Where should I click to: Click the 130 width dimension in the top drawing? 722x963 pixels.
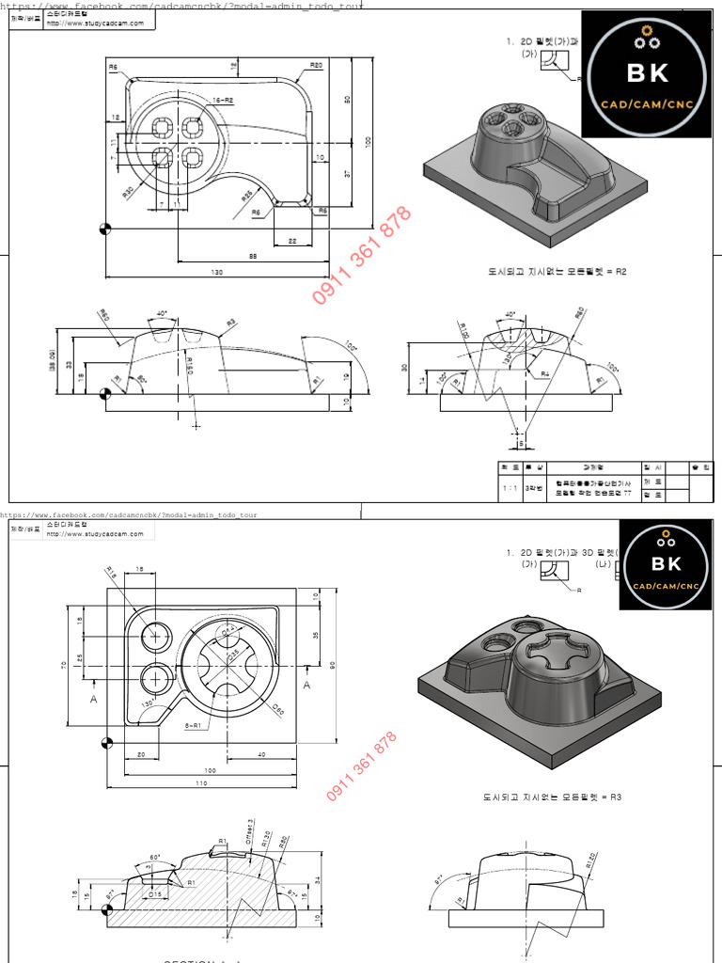217,273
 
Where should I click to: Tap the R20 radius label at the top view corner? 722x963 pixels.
316,66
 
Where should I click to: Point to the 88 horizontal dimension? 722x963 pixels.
253,257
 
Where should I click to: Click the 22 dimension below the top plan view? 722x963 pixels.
292,242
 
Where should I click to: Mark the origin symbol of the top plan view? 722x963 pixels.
106,228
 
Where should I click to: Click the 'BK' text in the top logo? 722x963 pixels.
647,71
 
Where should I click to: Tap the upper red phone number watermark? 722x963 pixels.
362,255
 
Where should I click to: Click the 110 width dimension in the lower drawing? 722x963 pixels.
201,782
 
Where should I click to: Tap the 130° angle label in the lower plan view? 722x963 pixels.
148,703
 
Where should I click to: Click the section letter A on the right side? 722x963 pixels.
306,685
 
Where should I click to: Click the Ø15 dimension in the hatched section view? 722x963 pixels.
156,893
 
